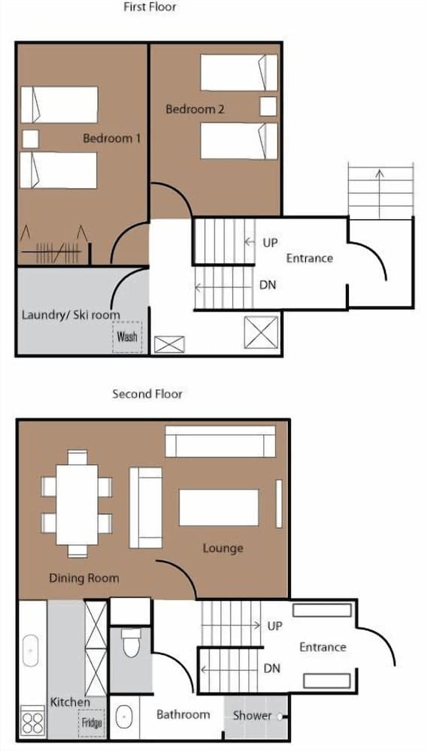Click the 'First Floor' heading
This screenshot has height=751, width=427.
(x=150, y=8)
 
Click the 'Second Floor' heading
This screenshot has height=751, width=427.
(x=147, y=394)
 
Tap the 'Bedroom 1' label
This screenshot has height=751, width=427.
(x=112, y=138)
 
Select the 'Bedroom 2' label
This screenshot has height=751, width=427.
(x=195, y=110)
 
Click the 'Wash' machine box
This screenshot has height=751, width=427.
(x=127, y=336)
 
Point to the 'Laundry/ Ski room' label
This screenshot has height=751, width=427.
(x=71, y=315)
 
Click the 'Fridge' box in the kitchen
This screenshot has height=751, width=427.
(x=92, y=723)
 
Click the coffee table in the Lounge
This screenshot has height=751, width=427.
(x=218, y=507)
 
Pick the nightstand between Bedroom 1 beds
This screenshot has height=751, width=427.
(x=30, y=139)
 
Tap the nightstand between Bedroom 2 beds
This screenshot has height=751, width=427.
(x=268, y=106)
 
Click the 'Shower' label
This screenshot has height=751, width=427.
(x=252, y=715)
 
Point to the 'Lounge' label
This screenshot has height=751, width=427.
(x=223, y=548)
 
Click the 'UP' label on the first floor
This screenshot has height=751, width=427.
(x=270, y=243)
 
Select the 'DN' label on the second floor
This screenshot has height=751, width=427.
(x=272, y=668)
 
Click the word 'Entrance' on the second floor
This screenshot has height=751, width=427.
(x=323, y=647)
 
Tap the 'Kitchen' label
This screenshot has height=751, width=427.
(x=70, y=702)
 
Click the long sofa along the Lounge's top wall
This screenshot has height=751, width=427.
(x=220, y=441)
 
